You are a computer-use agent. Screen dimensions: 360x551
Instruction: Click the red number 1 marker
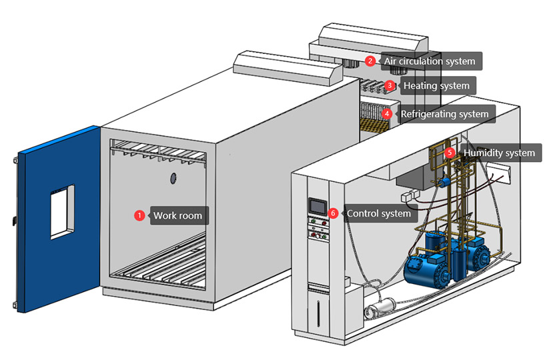[139, 215]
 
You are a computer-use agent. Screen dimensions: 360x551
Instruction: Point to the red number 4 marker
[387, 114]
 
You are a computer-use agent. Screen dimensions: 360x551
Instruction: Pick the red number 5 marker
[450, 153]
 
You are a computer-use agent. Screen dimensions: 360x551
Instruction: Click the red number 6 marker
[334, 213]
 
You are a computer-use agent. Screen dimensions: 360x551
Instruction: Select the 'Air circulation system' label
[430, 61]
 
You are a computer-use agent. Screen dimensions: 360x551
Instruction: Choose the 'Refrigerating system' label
[445, 114]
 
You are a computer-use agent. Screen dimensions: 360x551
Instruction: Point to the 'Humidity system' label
[499, 153]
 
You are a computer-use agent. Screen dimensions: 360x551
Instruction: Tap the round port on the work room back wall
[172, 178]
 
